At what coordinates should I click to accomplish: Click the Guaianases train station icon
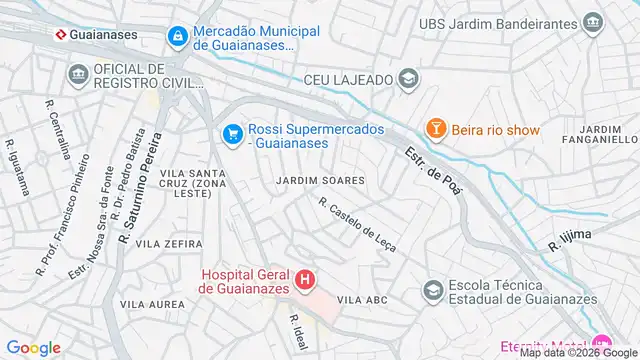tap(61, 33)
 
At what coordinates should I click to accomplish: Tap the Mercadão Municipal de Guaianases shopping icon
tap(177, 36)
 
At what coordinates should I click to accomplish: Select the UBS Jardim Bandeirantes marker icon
tap(594, 22)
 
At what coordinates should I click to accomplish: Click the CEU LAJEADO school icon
tap(407, 79)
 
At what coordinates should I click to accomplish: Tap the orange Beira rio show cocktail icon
tap(436, 129)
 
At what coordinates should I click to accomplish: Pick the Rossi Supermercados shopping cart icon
tap(232, 132)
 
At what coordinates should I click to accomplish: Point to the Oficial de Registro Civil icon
tap(78, 75)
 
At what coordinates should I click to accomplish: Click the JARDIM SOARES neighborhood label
tap(320, 180)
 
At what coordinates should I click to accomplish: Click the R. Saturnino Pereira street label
tap(139, 186)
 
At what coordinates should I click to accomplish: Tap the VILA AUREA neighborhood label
tap(152, 303)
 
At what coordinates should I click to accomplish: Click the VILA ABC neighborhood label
tap(362, 299)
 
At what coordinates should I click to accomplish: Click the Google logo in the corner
tap(34, 347)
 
